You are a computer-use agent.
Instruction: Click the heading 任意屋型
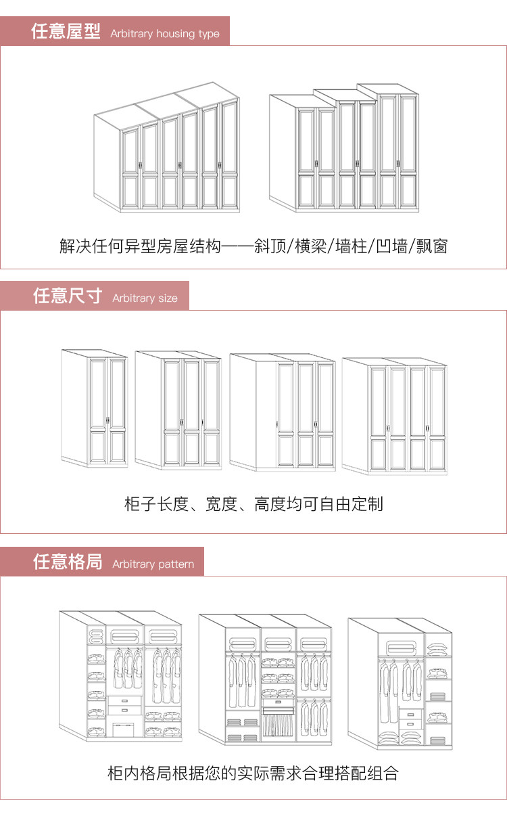(x=66, y=32)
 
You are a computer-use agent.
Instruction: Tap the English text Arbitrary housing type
(x=165, y=33)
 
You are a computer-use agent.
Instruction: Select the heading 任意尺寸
(x=68, y=296)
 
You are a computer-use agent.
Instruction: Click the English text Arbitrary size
(x=145, y=298)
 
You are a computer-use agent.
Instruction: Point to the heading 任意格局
(x=68, y=562)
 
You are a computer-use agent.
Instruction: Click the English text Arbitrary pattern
(x=153, y=564)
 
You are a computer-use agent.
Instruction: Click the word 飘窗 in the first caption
(x=431, y=246)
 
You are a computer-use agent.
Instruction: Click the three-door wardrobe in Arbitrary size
(x=178, y=410)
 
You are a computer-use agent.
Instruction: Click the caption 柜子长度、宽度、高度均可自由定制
(x=254, y=503)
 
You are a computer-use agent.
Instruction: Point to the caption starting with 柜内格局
(x=254, y=773)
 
